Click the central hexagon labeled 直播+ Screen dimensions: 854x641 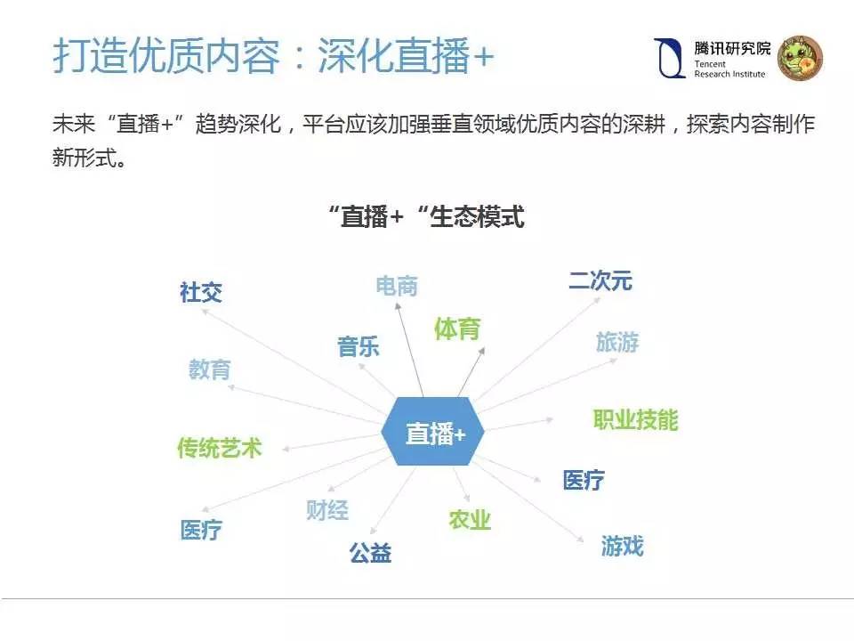[434, 434]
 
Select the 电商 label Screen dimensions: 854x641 [397, 286]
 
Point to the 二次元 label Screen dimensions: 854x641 [600, 280]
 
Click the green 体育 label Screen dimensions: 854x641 [457, 329]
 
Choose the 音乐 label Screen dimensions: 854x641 [359, 346]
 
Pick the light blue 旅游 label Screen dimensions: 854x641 [617, 342]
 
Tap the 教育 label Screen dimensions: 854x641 [209, 369]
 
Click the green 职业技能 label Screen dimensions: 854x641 [635, 419]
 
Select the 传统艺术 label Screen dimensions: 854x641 [220, 448]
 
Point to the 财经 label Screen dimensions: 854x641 [327, 510]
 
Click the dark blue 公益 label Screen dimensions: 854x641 [370, 553]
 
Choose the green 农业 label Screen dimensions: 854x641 [470, 520]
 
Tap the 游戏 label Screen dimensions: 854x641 [622, 546]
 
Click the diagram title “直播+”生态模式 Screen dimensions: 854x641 [425, 216]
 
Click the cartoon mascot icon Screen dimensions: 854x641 [800, 59]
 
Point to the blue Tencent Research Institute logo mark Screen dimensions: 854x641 [668, 59]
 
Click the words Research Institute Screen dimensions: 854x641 [729, 74]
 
